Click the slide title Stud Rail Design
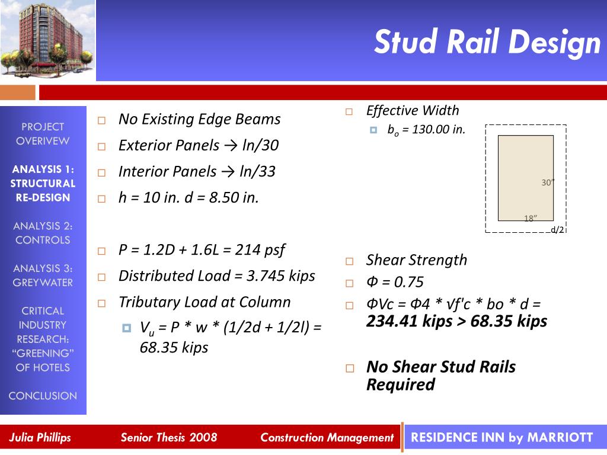point(487,42)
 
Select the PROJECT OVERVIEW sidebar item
point(43,134)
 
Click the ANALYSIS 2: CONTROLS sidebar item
point(43,233)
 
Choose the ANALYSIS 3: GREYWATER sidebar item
point(43,275)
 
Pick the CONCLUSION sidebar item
point(43,396)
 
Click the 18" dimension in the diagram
point(531,218)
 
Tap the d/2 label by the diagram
point(557,230)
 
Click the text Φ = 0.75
point(395,282)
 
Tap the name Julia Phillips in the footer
point(40,438)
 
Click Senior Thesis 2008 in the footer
point(169,438)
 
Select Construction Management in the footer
point(327,438)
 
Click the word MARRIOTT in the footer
point(560,438)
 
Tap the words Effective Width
point(413,111)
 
